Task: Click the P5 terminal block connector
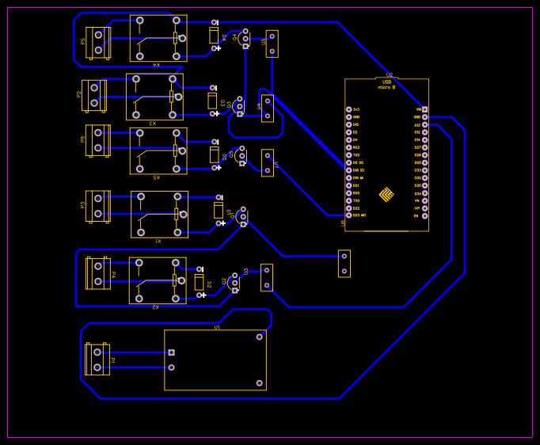[x=98, y=42]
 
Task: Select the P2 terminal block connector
[x=93, y=95]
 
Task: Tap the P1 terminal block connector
[x=97, y=359]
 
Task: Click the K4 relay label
[x=156, y=64]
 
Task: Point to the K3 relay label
[x=153, y=123]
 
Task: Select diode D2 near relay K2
[x=199, y=282]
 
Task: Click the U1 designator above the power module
[x=216, y=327]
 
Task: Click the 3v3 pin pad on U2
[x=348, y=109]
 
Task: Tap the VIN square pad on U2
[x=424, y=109]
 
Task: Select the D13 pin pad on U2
[x=424, y=124]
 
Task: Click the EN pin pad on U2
[x=424, y=215]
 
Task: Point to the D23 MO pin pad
[x=348, y=215]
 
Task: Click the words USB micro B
[x=386, y=85]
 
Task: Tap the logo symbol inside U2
[x=386, y=194]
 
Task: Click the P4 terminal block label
[x=113, y=274]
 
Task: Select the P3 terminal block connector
[x=98, y=206]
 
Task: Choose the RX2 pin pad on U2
[x=348, y=147]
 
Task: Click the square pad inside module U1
[x=171, y=352]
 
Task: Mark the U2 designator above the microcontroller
[x=389, y=75]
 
